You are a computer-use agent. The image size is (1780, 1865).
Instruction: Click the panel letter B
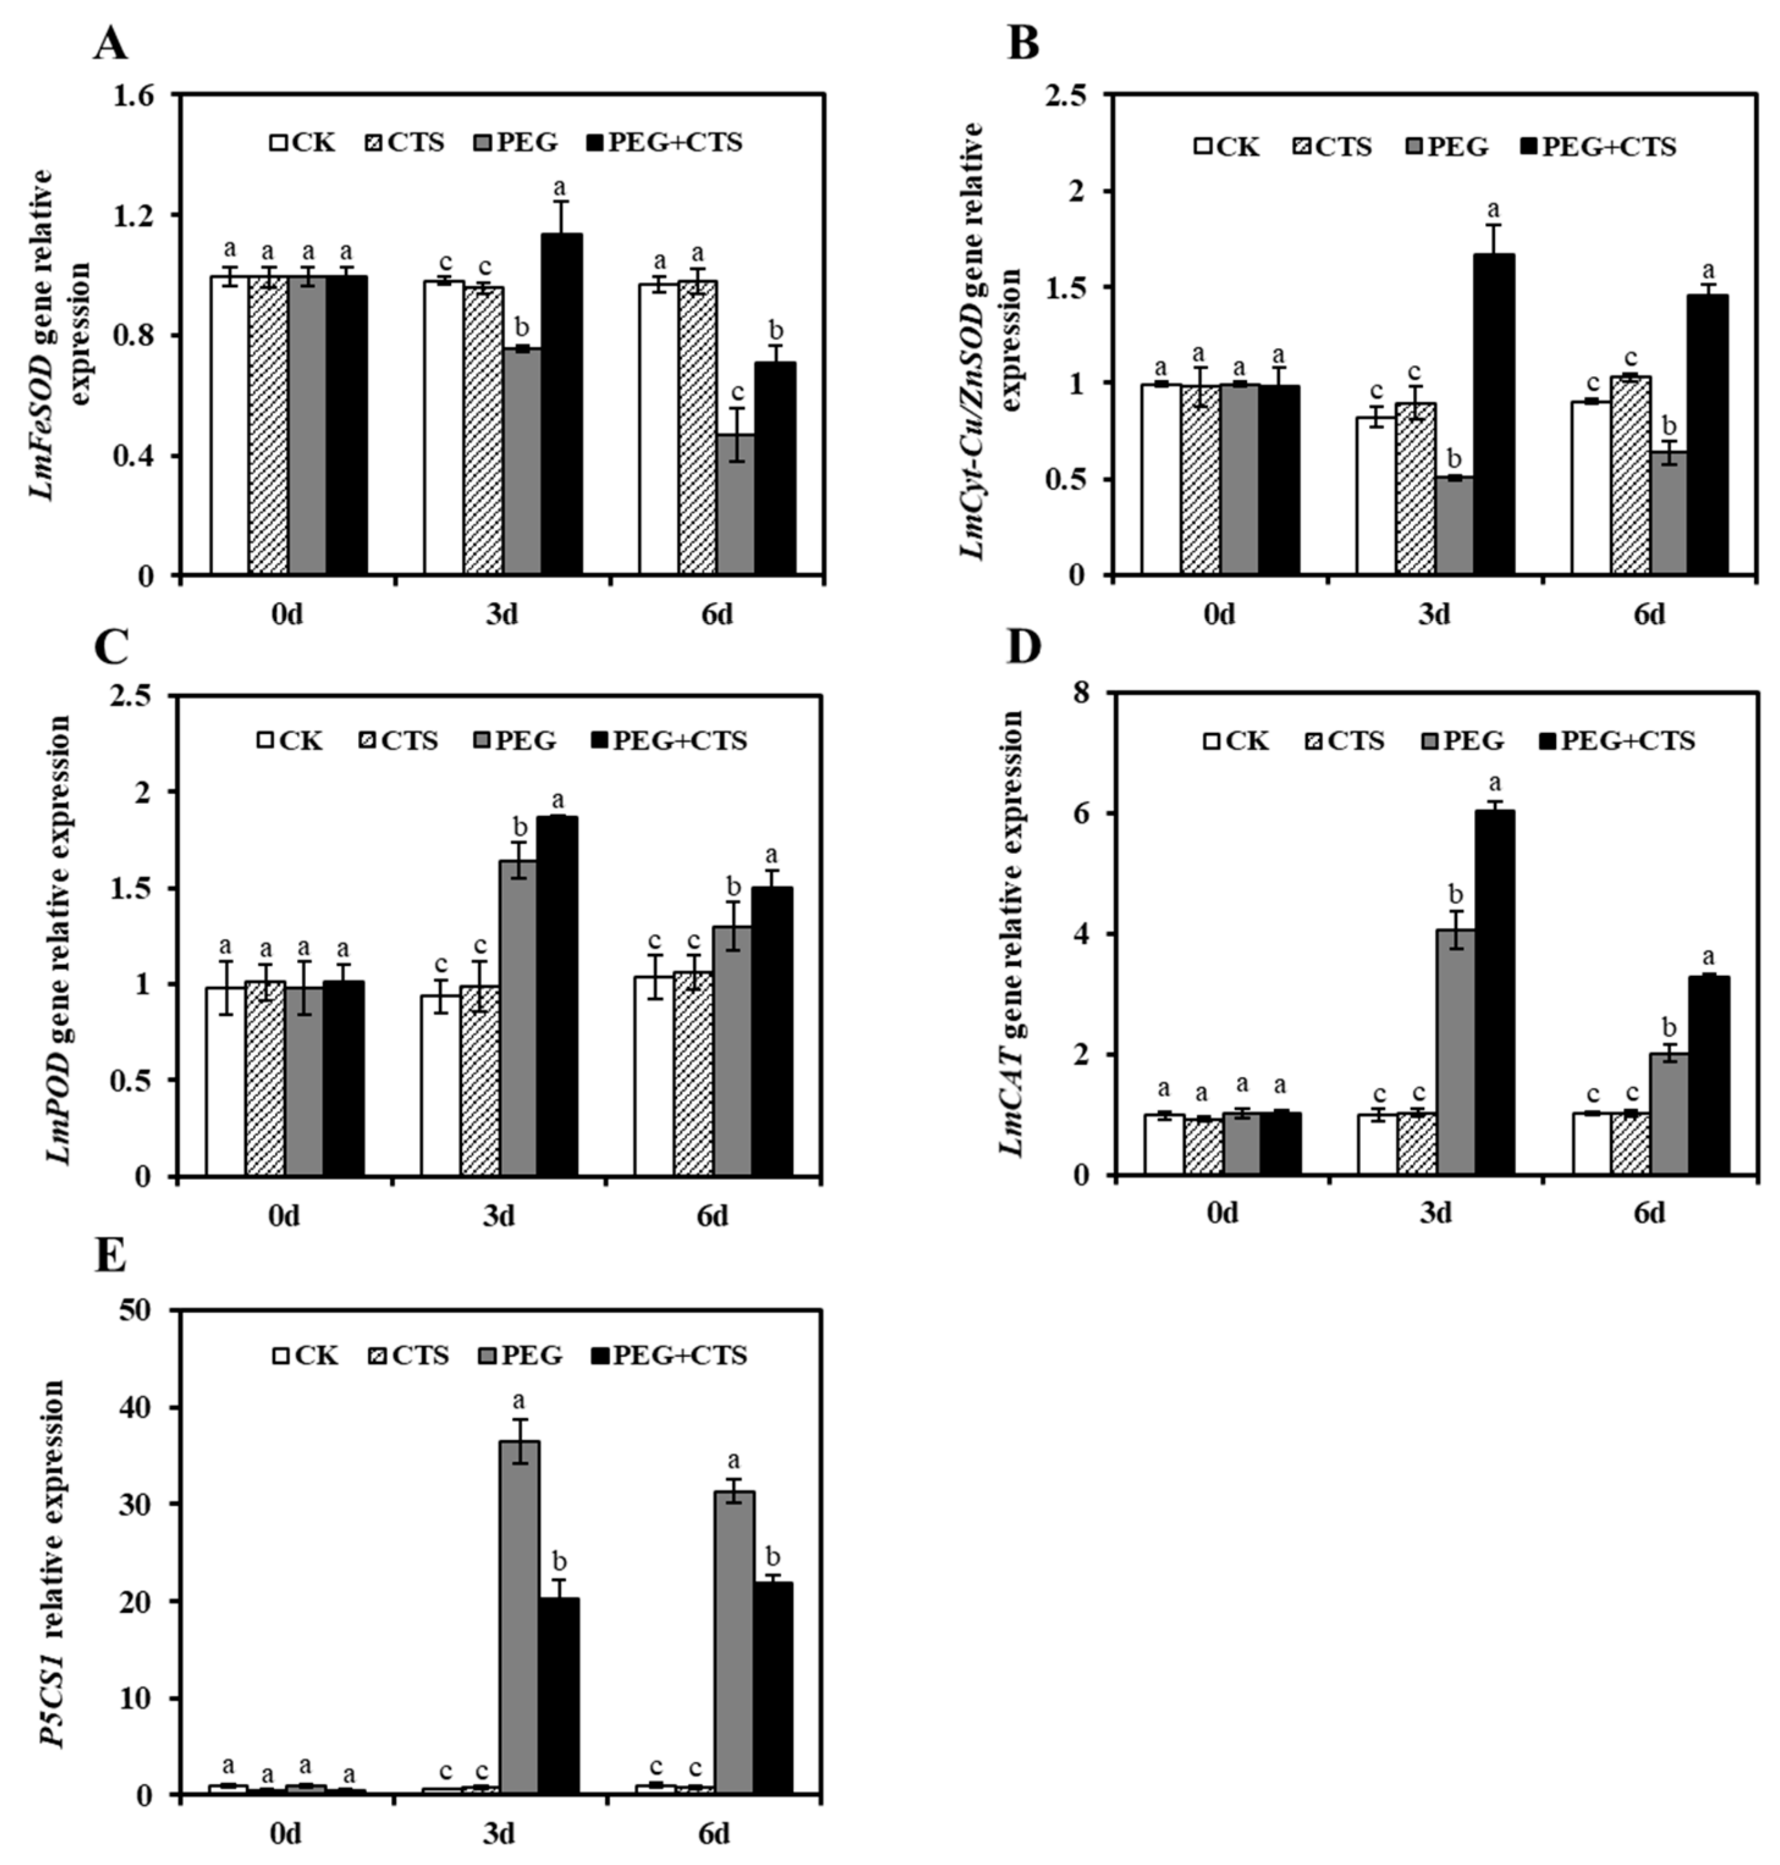pyautogui.click(x=1023, y=44)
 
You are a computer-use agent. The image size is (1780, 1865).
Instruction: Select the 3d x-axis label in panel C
pyautogui.click(x=498, y=1215)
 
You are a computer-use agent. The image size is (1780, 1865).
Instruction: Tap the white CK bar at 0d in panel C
pyautogui.click(x=225, y=1081)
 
